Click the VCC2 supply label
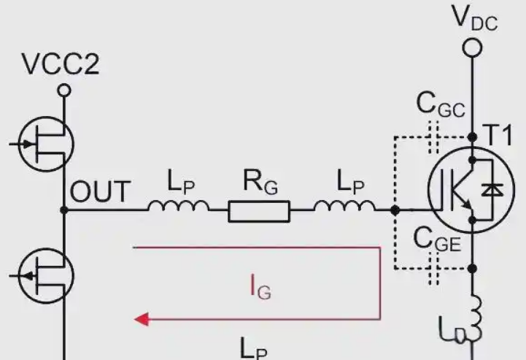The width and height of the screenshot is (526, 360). coord(61,64)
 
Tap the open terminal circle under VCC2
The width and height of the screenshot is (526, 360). coord(63,91)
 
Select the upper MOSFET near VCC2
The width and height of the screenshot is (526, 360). coord(46,144)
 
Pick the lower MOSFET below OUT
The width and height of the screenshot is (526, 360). coord(46,276)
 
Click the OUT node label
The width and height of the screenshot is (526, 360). coord(100,191)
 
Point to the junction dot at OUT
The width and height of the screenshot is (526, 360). coord(63,210)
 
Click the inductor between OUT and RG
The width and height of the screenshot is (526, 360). coord(179,205)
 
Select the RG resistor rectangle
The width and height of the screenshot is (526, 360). coord(259,211)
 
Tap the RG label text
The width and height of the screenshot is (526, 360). coord(260,183)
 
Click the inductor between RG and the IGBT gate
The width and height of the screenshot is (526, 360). coord(345,205)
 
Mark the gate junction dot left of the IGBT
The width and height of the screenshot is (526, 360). coord(395,210)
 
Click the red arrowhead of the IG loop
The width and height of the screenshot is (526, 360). coord(142,319)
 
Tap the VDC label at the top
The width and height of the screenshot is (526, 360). coord(474,18)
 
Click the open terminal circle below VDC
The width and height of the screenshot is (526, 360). coord(472,47)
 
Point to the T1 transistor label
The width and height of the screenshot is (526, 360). coord(499,135)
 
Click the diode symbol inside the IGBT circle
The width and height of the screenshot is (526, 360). coord(492,190)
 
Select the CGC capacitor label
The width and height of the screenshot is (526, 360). coord(441,104)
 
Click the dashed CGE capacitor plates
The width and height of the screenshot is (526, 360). coord(434,268)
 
